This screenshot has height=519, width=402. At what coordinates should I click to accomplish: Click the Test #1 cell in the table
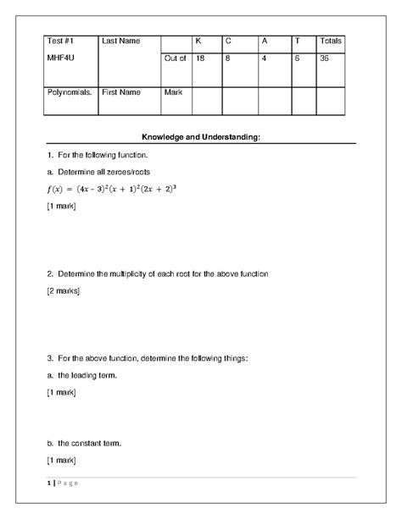[x=60, y=41]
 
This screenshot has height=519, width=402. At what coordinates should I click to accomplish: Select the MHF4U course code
[x=61, y=58]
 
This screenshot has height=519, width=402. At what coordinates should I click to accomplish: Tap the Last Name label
[x=120, y=41]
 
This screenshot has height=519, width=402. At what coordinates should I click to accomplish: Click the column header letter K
[x=198, y=41]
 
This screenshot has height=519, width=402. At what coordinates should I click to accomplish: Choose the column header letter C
[x=228, y=41]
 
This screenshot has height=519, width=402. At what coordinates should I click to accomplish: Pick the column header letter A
[x=264, y=41]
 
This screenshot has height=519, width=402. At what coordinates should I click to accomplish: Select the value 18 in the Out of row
[x=200, y=58]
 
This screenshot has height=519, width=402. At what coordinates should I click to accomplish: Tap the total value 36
[x=325, y=58]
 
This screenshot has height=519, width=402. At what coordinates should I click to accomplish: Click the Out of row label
[x=175, y=58]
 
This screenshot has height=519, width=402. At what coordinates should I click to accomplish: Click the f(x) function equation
[x=111, y=188]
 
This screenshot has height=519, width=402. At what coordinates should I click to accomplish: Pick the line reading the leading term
[x=82, y=375]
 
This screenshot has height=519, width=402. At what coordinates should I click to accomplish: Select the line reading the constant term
[x=85, y=443]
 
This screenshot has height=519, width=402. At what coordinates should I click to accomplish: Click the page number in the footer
[x=50, y=483]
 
